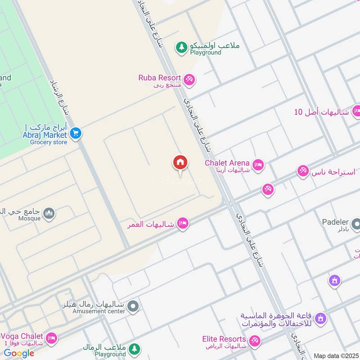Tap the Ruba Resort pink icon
tap(189, 79)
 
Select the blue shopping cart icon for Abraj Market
tap(75, 133)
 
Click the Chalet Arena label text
tap(227, 162)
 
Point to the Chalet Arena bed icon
tap(258, 165)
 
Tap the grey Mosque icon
tap(49, 213)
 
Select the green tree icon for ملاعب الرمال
tap(134, 349)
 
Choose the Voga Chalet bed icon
tap(52, 337)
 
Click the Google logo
tap(19, 353)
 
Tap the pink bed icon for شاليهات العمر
tap(182, 223)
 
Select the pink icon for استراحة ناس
tap(303, 171)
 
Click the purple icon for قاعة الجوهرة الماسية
tap(320, 319)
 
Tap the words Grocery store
tap(49, 142)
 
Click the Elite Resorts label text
tap(224, 339)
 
